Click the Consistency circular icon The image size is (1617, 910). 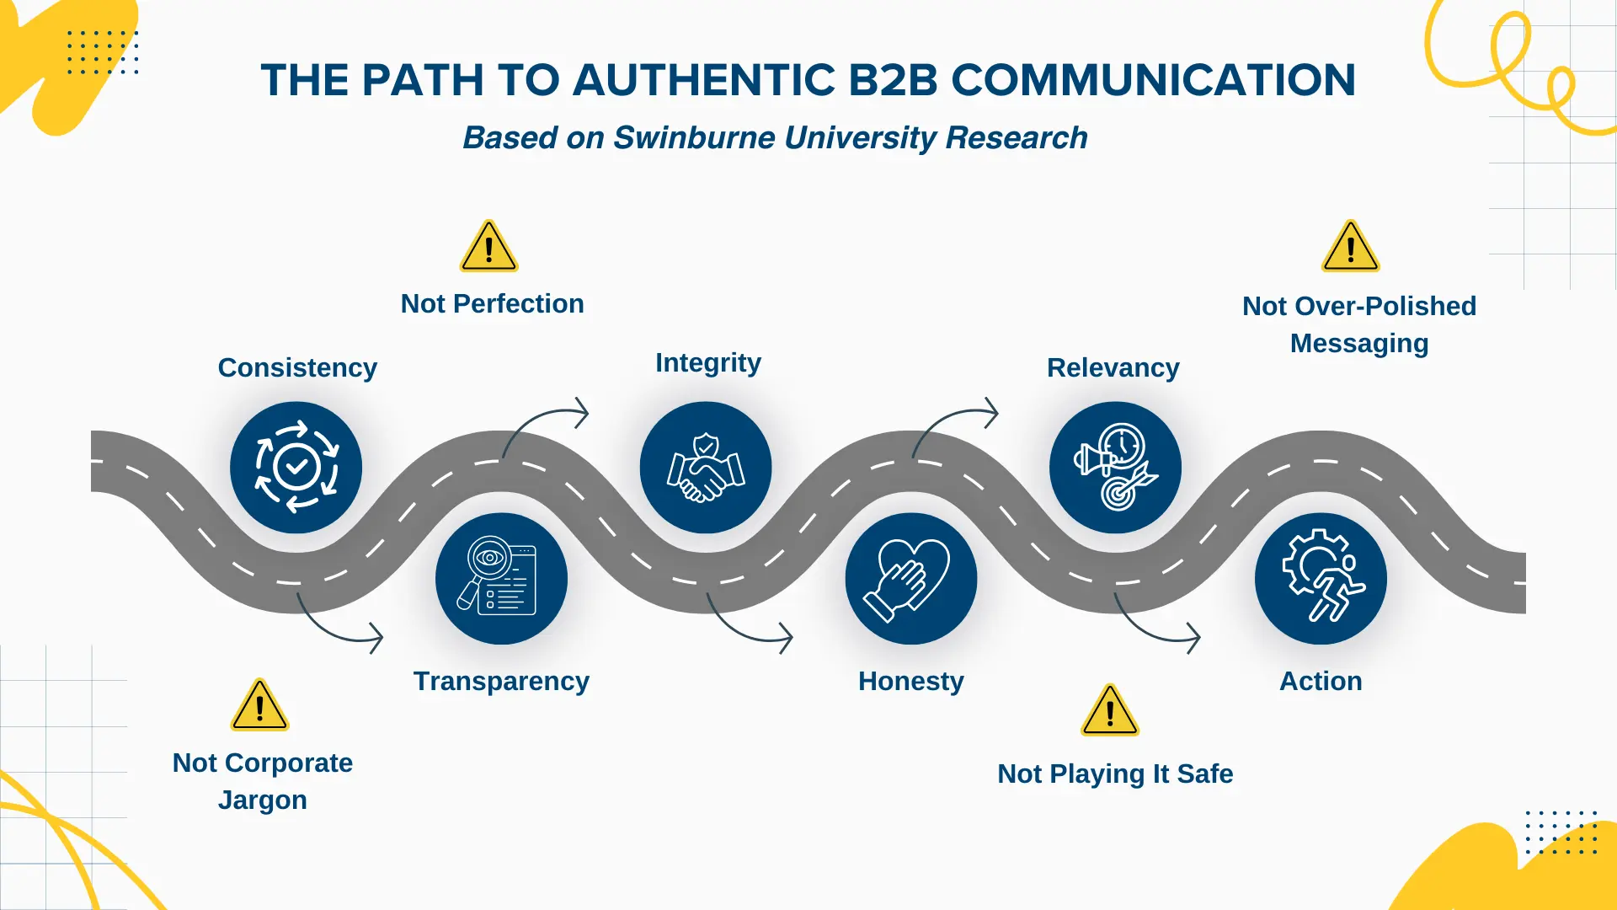[296, 468]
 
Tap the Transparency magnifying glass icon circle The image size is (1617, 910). [501, 579]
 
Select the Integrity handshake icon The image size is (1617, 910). [706, 468]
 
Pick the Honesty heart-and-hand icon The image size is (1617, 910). [911, 579]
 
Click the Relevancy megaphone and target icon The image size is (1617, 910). [1115, 468]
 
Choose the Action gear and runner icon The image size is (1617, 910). [1321, 579]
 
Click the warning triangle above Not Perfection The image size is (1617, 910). [488, 247]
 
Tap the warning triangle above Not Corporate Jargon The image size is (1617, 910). [259, 705]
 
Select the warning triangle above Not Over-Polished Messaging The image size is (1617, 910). [1351, 247]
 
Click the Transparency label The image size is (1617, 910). [501, 681]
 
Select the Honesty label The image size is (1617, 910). [911, 681]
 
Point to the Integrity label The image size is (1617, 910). [708, 362]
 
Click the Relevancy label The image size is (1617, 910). [1113, 367]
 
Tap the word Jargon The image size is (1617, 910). [262, 800]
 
